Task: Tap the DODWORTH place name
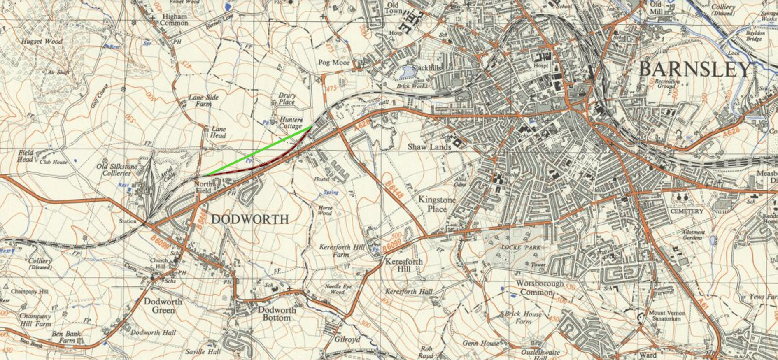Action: (250, 219)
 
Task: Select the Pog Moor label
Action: (334, 63)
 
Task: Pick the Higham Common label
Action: (174, 20)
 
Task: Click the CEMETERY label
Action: (687, 211)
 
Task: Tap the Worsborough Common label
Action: (540, 288)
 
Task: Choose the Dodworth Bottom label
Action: (277, 314)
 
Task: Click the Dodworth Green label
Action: (163, 306)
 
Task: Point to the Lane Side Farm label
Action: (203, 100)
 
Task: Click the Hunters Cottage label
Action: (291, 123)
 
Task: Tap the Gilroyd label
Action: (347, 339)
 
